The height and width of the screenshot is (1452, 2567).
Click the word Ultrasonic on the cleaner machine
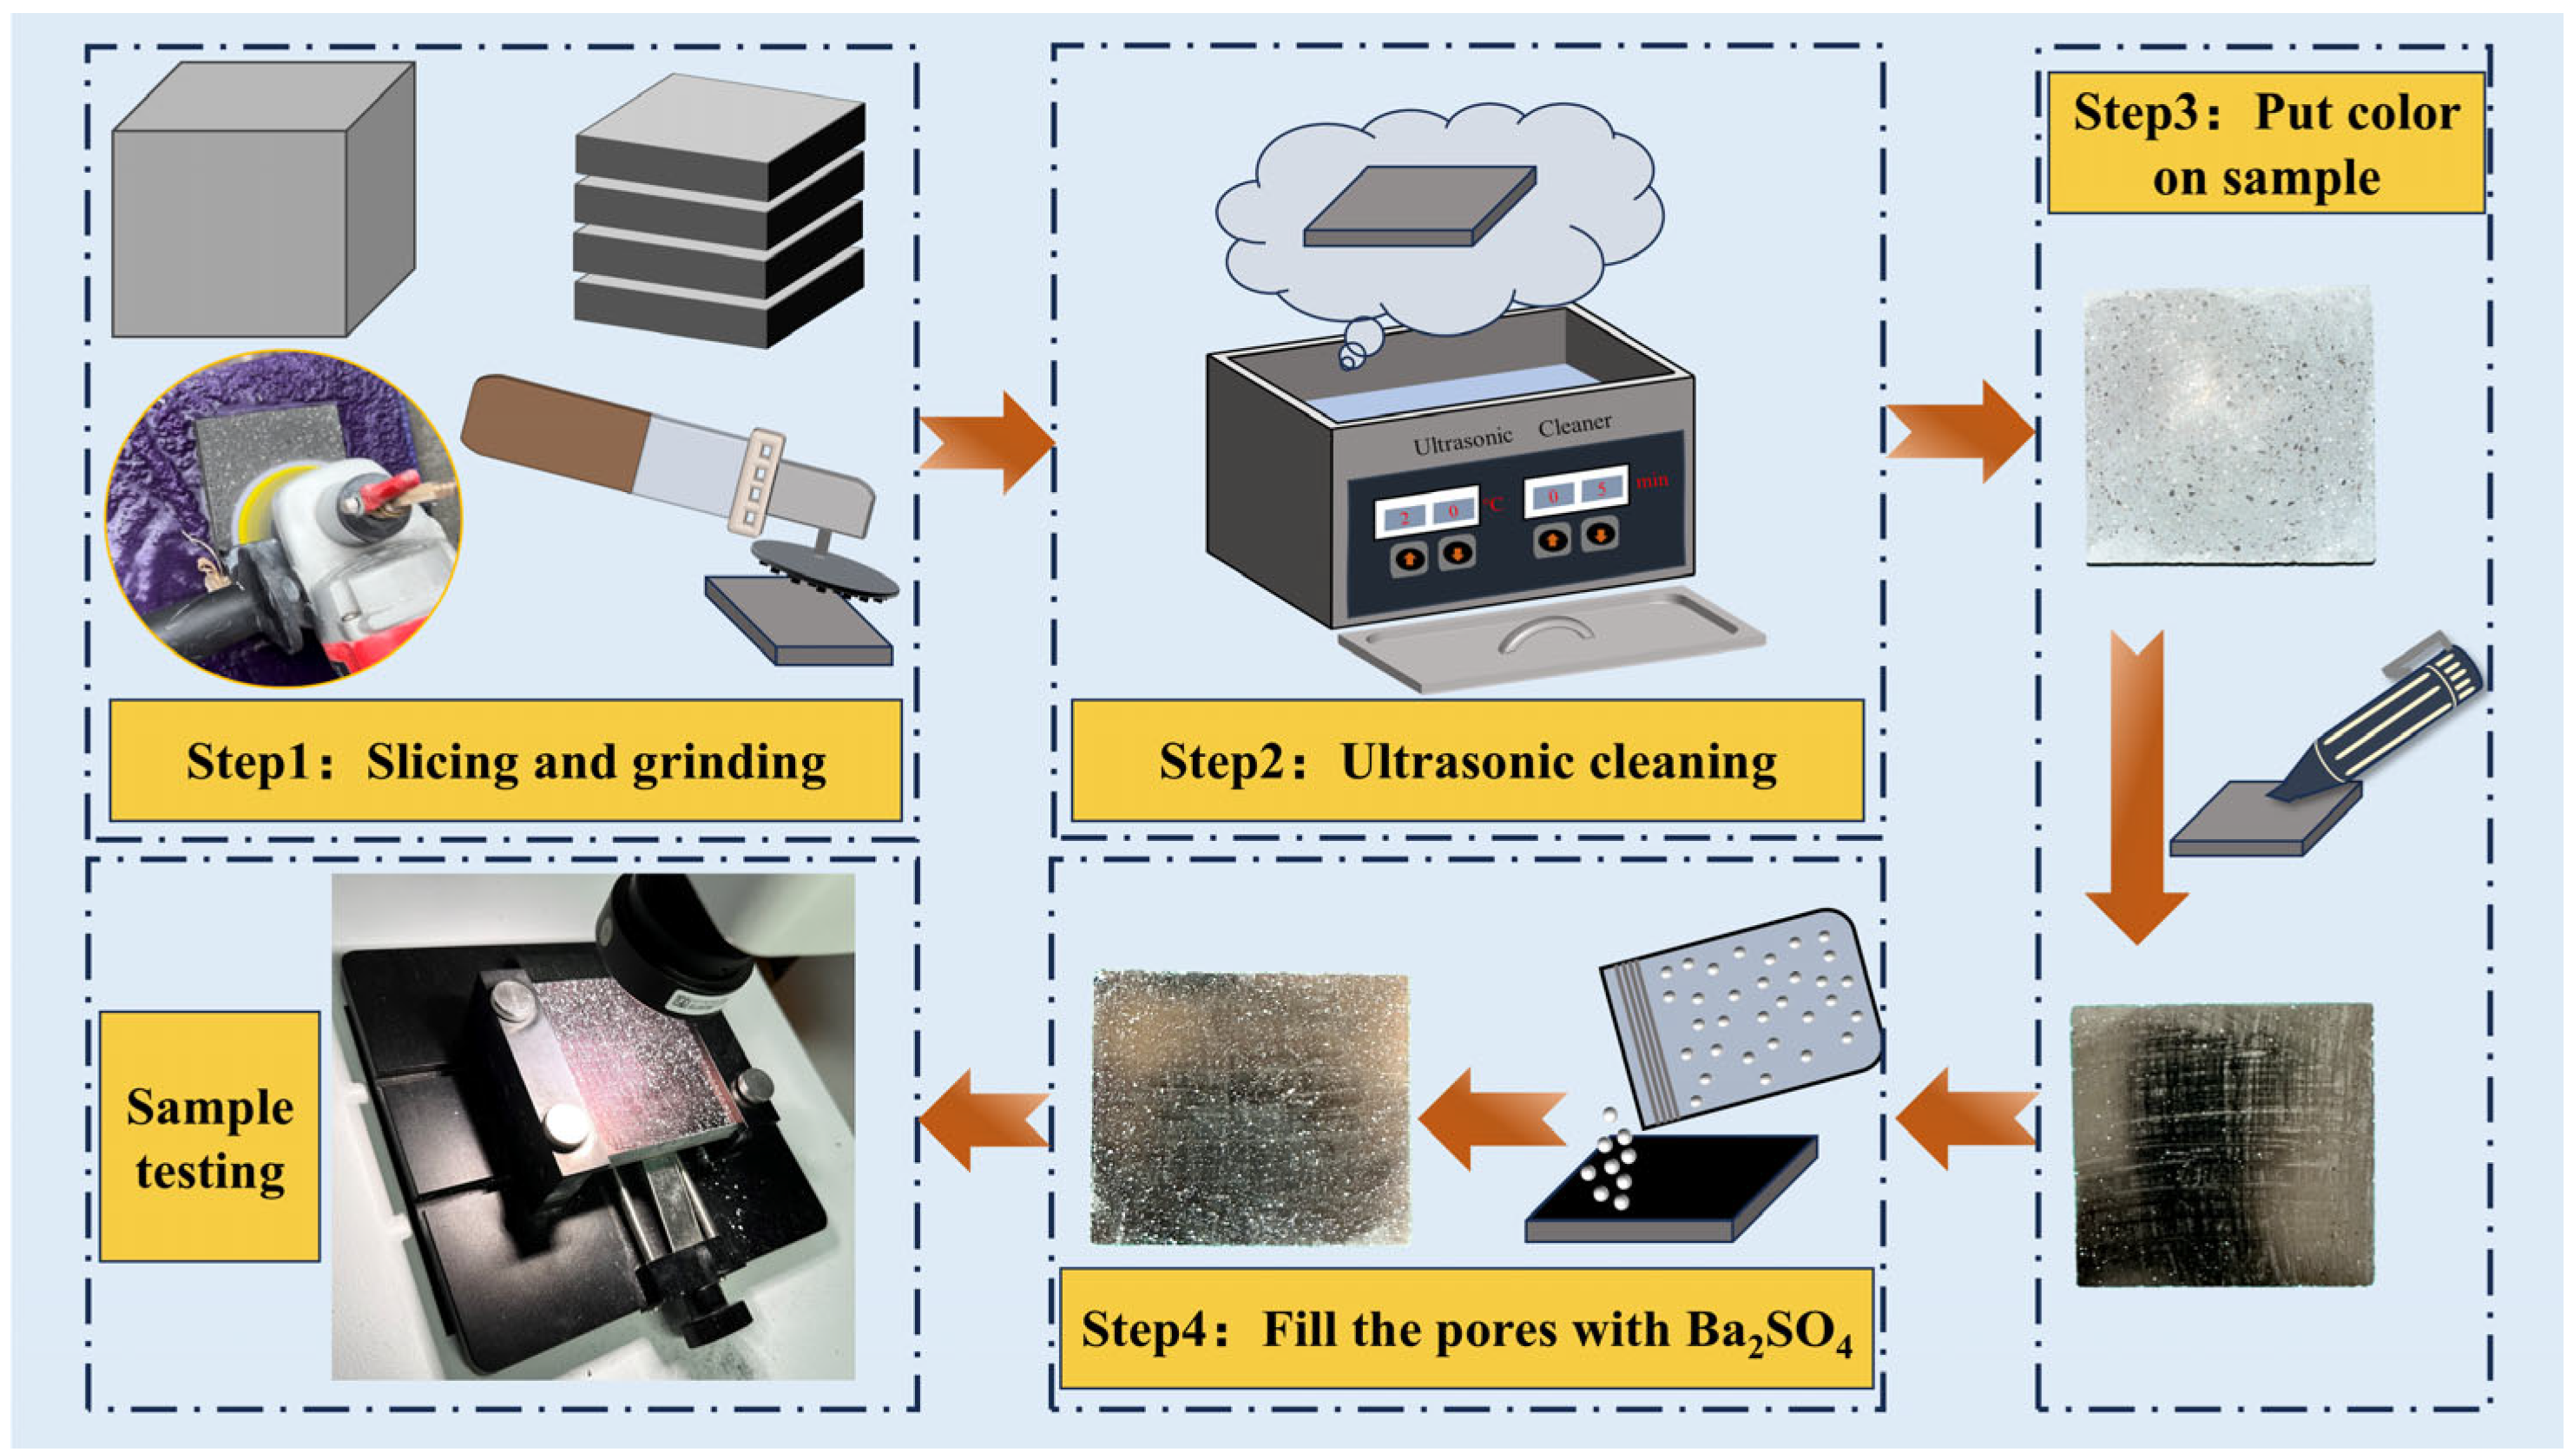pyautogui.click(x=1462, y=440)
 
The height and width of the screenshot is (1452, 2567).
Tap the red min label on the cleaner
pyautogui.click(x=1651, y=482)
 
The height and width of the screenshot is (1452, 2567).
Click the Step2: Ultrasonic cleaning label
pyautogui.click(x=1466, y=763)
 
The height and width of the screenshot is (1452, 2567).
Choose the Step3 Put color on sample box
pyautogui.click(x=2265, y=142)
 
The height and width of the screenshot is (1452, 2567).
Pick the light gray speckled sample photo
pyautogui.click(x=2228, y=427)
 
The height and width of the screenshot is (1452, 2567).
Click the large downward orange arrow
pyautogui.click(x=2136, y=788)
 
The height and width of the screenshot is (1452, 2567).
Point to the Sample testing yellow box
pyautogui.click(x=209, y=1138)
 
